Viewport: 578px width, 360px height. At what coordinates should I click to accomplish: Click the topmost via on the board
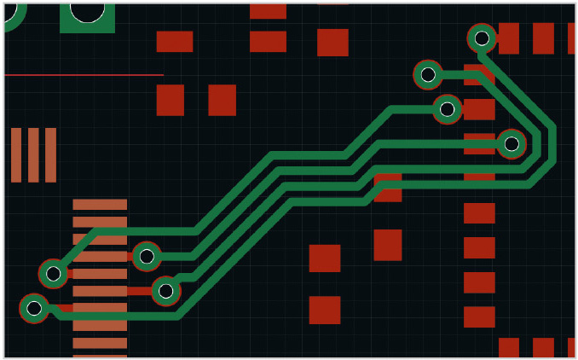482,38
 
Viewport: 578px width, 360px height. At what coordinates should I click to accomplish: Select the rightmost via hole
512,144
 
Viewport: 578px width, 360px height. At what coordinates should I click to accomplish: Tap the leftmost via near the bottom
34,308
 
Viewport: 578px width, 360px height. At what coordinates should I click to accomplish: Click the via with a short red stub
166,291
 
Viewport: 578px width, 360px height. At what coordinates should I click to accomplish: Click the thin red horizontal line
84,75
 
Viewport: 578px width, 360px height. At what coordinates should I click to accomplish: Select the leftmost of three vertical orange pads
16,154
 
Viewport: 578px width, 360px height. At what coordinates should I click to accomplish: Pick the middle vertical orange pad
33,154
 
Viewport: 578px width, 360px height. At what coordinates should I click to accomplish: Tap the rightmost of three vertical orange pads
50,154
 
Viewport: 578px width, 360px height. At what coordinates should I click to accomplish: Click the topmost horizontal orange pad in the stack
100,205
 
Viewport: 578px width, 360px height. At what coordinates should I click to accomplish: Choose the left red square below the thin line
171,100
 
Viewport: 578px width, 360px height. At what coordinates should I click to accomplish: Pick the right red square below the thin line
223,100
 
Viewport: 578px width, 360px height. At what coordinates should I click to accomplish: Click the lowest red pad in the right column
479,316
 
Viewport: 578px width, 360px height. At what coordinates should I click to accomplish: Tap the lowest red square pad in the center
325,310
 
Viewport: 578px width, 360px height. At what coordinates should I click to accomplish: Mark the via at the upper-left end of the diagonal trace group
53,274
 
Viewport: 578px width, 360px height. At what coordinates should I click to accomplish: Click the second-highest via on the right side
428,75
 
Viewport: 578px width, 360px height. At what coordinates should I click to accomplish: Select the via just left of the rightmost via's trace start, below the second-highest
448,109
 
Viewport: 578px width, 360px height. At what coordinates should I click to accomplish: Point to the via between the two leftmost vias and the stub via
147,255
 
